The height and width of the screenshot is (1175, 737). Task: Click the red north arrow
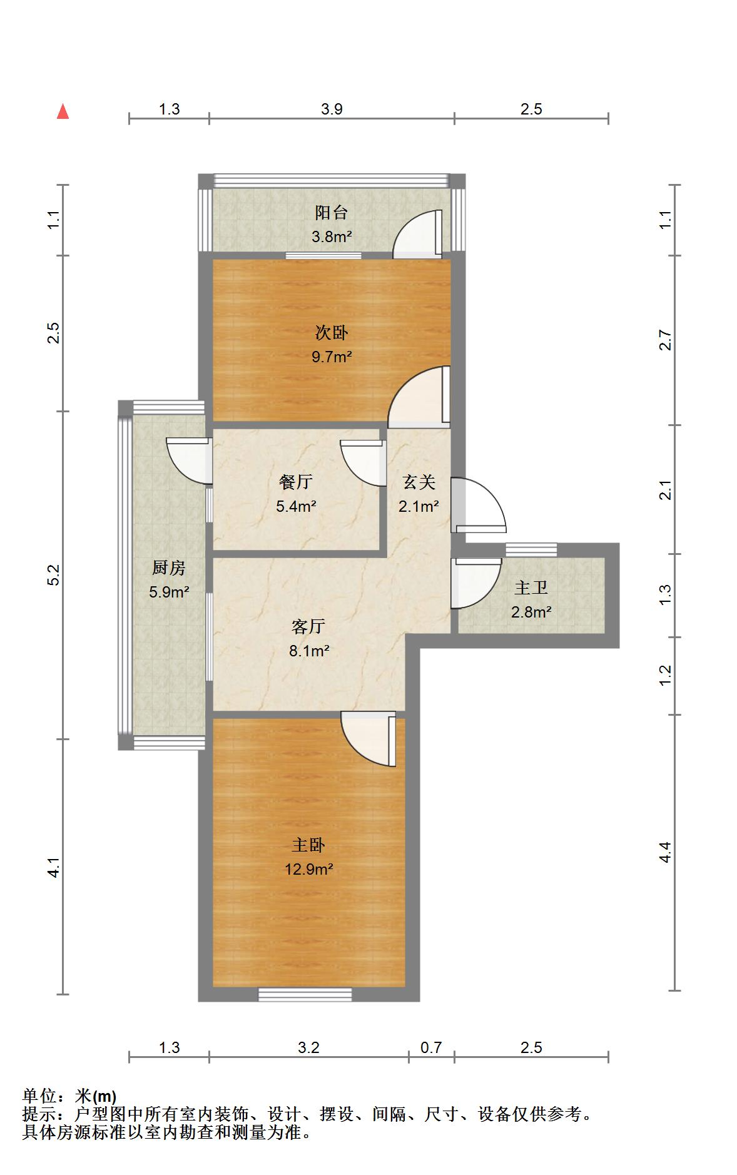63,111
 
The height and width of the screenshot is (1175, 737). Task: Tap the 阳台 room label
332,213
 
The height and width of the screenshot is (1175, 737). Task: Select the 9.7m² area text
332,357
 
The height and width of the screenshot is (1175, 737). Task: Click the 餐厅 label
296,482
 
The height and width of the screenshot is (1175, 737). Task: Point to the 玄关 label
419,482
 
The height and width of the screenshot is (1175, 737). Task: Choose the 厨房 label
169,568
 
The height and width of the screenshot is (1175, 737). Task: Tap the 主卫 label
531,588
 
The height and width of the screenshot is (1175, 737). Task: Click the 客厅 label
308,626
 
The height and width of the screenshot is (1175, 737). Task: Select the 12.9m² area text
308,869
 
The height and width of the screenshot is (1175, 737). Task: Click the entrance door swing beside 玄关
479,505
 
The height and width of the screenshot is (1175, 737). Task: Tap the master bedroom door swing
368,740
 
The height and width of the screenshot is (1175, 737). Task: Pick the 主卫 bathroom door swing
476,583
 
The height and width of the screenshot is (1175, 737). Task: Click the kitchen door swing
188,461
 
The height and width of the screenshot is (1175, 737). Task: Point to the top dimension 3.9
332,109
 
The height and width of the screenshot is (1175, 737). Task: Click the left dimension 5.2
54,575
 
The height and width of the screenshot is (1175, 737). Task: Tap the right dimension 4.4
665,853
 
